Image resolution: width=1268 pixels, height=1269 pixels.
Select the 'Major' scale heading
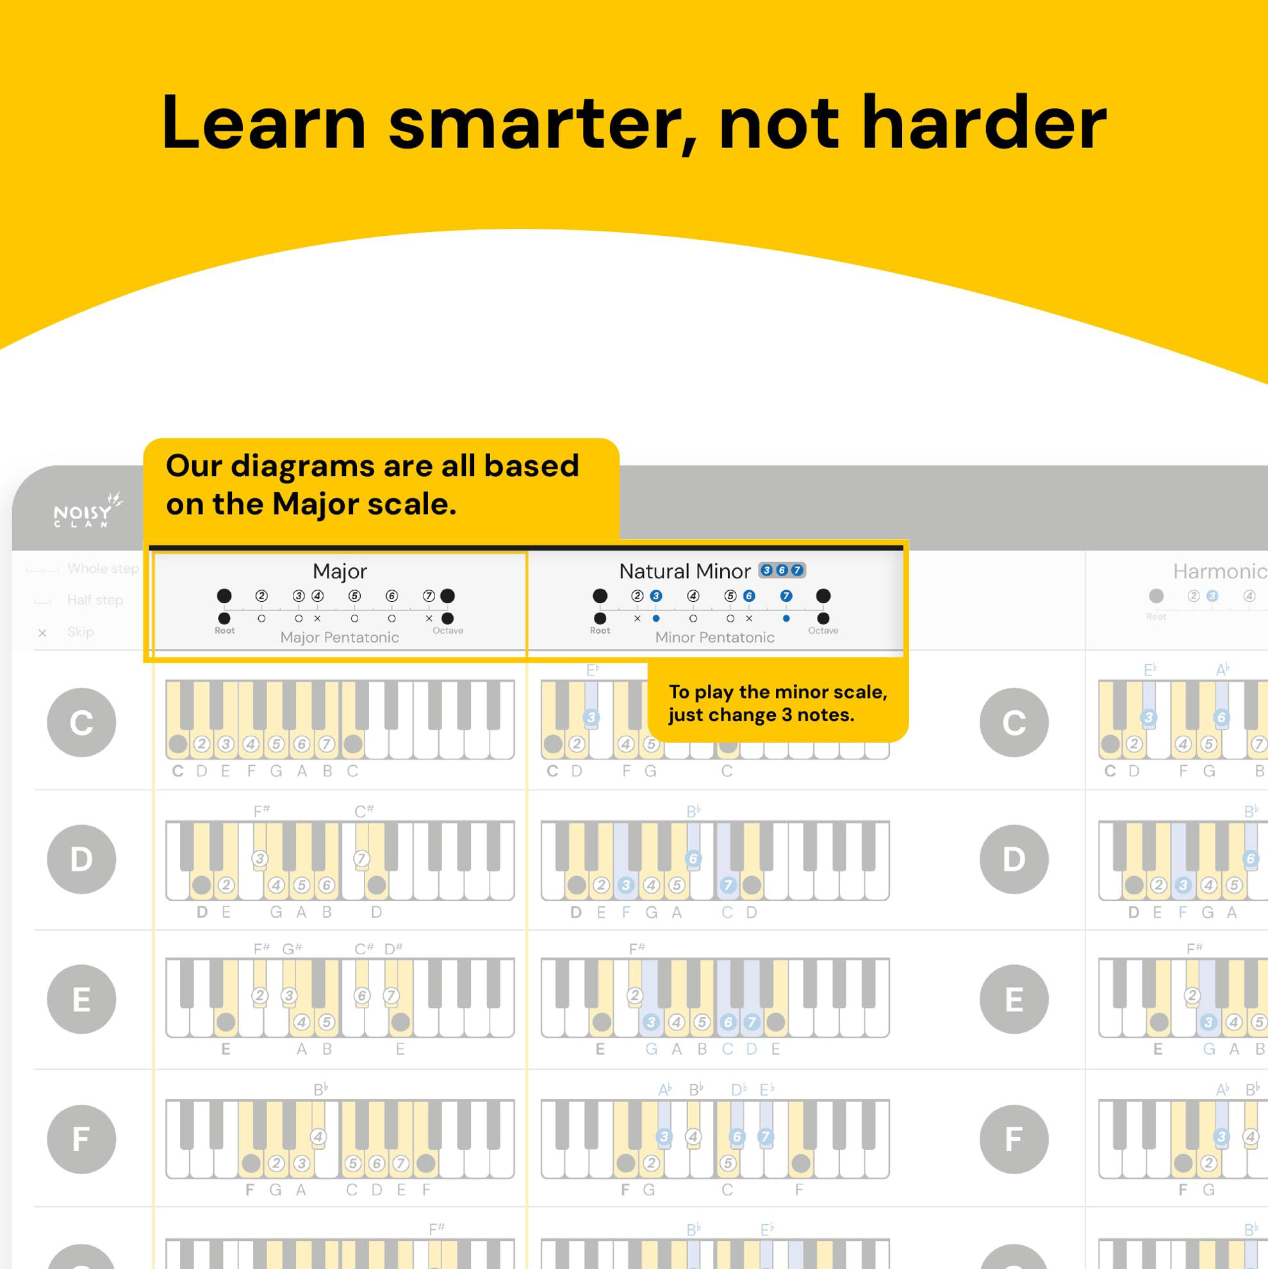tap(340, 571)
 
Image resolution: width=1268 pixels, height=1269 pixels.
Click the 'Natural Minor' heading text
tap(684, 571)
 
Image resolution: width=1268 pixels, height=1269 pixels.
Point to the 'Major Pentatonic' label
tap(340, 637)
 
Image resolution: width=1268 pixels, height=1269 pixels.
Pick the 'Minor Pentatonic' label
tap(714, 637)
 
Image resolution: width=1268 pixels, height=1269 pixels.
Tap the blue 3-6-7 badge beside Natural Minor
tap(782, 570)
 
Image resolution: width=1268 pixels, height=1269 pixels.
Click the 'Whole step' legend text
tap(103, 568)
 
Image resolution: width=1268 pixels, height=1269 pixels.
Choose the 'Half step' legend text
tap(95, 600)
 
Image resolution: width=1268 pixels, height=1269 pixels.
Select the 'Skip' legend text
tap(81, 632)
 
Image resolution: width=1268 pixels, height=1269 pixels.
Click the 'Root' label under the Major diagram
tap(225, 631)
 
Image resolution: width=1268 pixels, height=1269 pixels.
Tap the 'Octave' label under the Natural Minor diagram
tap(823, 631)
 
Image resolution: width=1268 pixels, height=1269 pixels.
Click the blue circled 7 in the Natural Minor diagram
tap(786, 596)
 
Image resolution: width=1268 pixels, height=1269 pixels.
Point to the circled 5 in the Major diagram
tap(354, 596)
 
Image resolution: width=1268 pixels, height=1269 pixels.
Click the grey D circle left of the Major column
tap(81, 859)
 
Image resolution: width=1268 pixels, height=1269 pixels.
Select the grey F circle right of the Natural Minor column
tap(1014, 1139)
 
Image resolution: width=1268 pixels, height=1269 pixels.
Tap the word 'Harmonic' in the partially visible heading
tap(1219, 572)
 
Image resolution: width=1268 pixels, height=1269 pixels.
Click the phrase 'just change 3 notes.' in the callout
tap(761, 715)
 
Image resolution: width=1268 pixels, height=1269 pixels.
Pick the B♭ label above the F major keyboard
tap(320, 1090)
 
